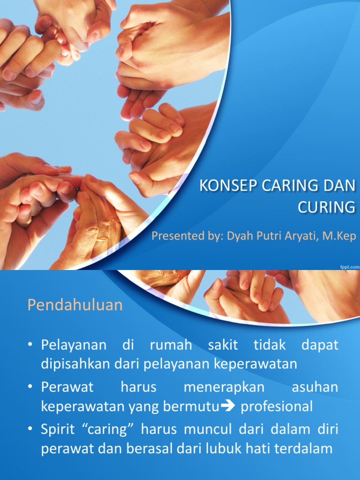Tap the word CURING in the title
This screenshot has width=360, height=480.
coord(327,207)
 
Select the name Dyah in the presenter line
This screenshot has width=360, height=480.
coord(240,235)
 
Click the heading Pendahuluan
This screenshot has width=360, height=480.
coord(75,305)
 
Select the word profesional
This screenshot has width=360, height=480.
coord(277,406)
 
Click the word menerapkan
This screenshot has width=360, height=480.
coord(224,387)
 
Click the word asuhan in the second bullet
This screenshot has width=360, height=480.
coord(315,387)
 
